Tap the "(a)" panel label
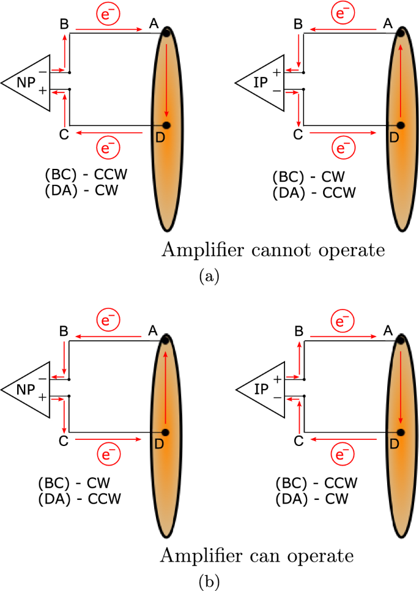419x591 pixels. pyautogui.click(x=209, y=276)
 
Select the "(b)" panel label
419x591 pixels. pyautogui.click(x=209, y=582)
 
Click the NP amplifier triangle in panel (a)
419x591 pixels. pyautogui.click(x=26, y=83)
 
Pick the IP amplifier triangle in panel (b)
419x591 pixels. pyautogui.click(x=261, y=390)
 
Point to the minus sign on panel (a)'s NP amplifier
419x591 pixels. pyautogui.click(x=43, y=72)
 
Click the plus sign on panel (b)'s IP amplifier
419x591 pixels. pyautogui.click(x=277, y=379)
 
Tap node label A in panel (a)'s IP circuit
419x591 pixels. pyautogui.click(x=388, y=24)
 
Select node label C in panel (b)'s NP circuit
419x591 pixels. pyautogui.click(x=64, y=440)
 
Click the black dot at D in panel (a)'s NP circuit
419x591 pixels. pyautogui.click(x=166, y=125)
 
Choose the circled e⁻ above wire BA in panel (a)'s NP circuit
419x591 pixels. pyautogui.click(x=108, y=13)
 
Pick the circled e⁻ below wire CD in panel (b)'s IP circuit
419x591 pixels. pyautogui.click(x=343, y=454)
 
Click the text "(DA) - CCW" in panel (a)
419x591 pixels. pyautogui.click(x=314, y=193)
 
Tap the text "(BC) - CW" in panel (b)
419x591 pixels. pyautogui.click(x=74, y=483)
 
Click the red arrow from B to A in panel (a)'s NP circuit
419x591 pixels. pyautogui.click(x=109, y=29)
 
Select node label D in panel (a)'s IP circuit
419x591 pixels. pyautogui.click(x=394, y=138)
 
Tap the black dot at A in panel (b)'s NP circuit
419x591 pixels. pyautogui.click(x=165, y=340)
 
